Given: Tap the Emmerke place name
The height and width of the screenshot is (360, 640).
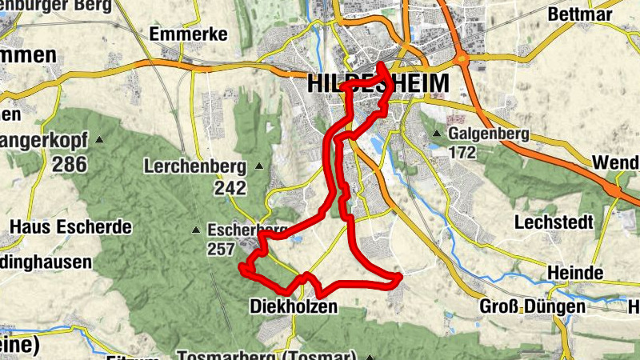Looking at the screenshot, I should [189, 34].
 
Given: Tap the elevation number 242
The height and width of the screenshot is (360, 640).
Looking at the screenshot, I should [230, 187].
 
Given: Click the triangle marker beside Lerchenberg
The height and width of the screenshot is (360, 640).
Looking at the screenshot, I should [258, 166].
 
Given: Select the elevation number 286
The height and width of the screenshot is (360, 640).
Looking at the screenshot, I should [69, 164].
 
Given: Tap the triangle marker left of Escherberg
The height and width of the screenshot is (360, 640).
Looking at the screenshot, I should [197, 230].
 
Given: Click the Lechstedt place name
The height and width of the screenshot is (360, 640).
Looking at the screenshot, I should [554, 222].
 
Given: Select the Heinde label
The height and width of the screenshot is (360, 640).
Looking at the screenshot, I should [575, 273].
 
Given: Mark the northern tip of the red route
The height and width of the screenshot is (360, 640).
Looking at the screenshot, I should [382, 66].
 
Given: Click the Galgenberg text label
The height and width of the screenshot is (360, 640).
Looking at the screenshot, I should [488, 134].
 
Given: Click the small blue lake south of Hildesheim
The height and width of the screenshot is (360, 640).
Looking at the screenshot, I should [376, 144].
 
